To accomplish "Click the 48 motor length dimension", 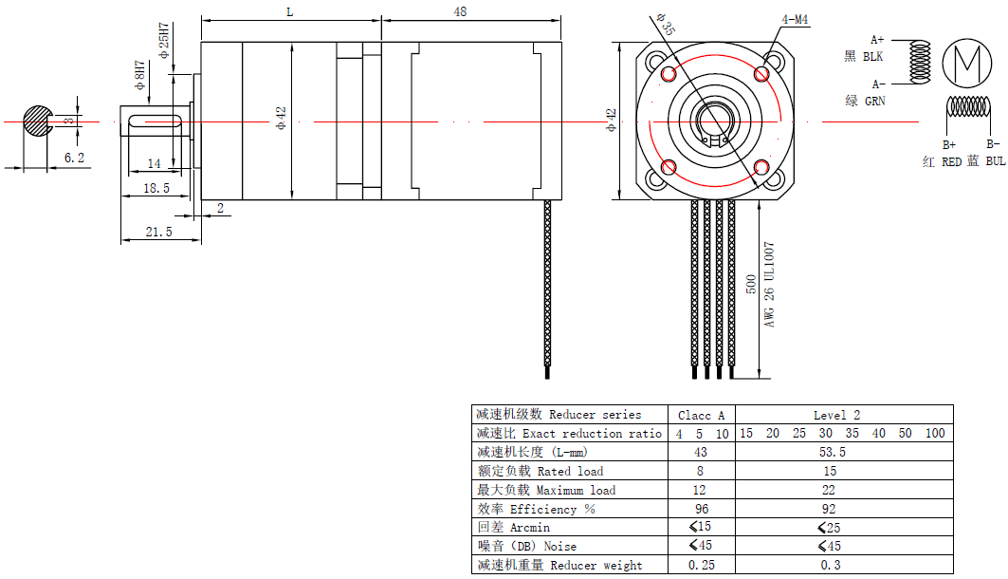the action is pyautogui.click(x=460, y=11).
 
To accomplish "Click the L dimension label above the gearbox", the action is pyautogui.click(x=290, y=12).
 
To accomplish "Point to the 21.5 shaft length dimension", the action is pyautogui.click(x=158, y=232).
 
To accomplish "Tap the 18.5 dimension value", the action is pyautogui.click(x=156, y=188).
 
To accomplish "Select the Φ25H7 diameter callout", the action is pyautogui.click(x=164, y=41).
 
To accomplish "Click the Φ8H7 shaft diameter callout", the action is pyautogui.click(x=139, y=75).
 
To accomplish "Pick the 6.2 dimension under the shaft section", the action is pyautogui.click(x=74, y=158).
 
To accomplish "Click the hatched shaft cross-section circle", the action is pyautogui.click(x=37, y=121).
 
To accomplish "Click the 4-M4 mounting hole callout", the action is pyautogui.click(x=795, y=20).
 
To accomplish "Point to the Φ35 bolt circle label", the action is pyautogui.click(x=666, y=25).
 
